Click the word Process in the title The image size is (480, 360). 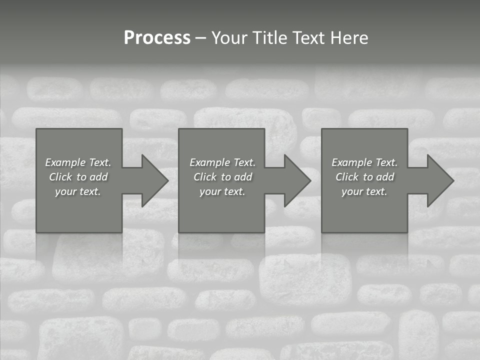pos(157,38)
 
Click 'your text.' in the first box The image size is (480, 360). pos(78,191)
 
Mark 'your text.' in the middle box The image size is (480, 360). pos(222,191)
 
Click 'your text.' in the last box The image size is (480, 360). pos(364,191)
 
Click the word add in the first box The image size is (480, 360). pos(98,177)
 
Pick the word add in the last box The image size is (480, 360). pos(385,177)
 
